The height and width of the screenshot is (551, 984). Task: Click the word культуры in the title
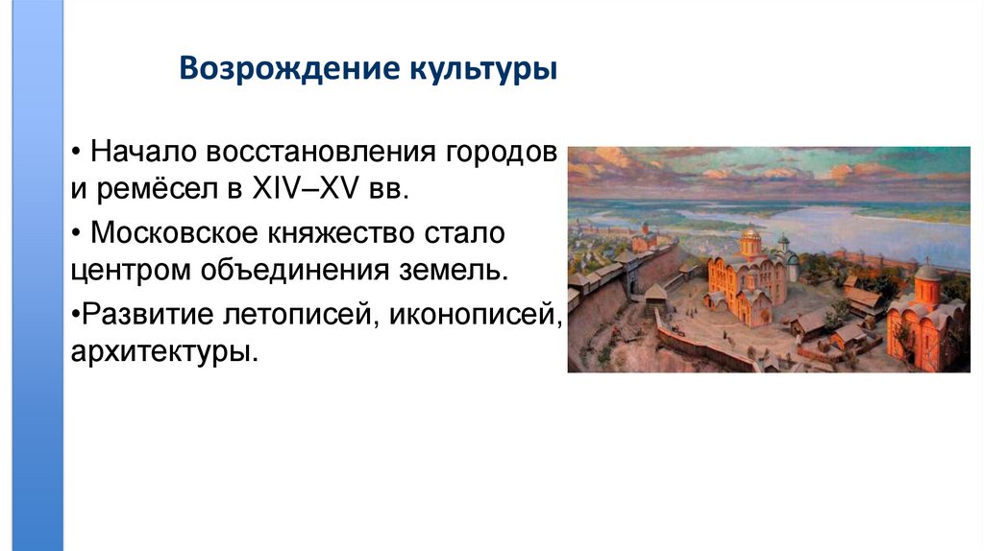tap(482, 71)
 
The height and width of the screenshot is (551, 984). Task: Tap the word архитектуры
tap(163, 350)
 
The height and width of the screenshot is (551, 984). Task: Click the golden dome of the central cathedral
tap(750, 237)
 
